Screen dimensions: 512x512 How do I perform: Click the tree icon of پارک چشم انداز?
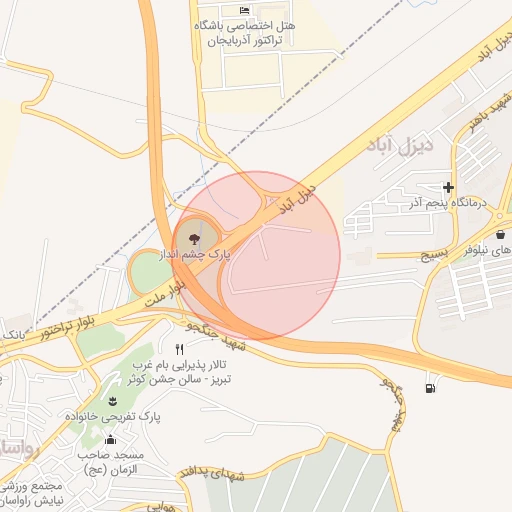pyautogui.click(x=193, y=238)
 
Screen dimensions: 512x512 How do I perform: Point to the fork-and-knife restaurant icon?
pyautogui.click(x=179, y=349)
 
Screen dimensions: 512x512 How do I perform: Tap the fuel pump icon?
pyautogui.click(x=430, y=387)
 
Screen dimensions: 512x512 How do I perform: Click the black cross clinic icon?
pyautogui.click(x=448, y=187)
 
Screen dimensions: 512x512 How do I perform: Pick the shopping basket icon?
pyautogui.click(x=500, y=234)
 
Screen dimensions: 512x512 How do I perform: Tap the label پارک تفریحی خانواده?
pyautogui.click(x=112, y=415)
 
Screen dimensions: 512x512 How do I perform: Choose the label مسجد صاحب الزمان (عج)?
pyautogui.click(x=113, y=461)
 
